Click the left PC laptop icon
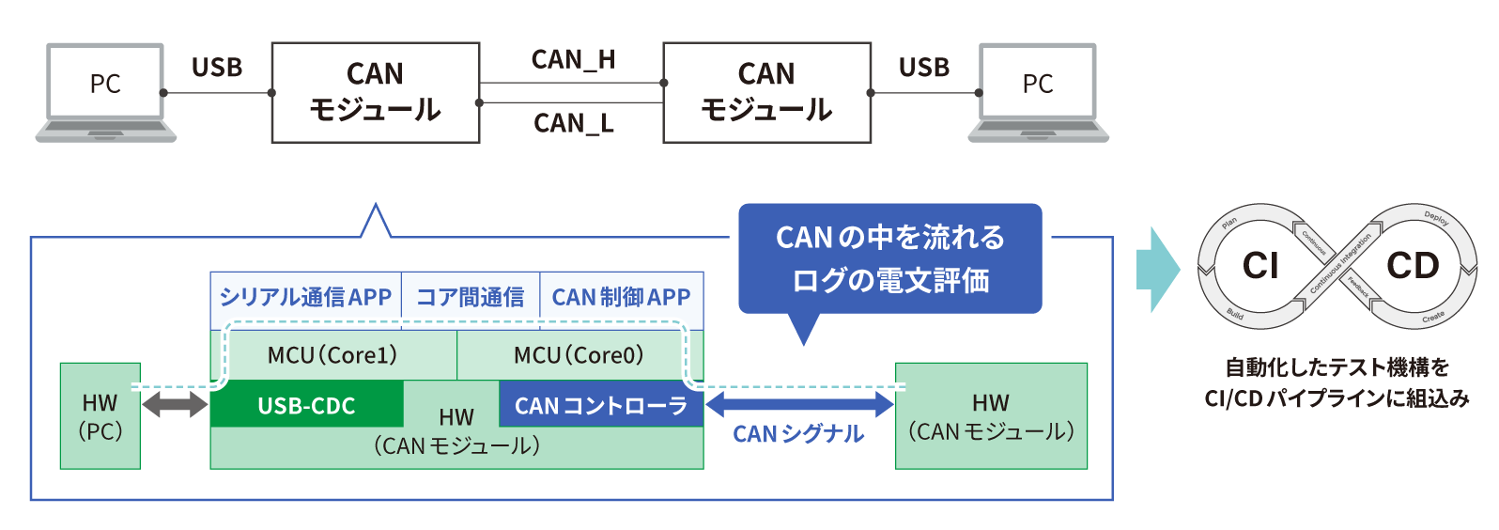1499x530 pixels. [105, 92]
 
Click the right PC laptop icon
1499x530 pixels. [1038, 92]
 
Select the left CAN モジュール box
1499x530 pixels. [376, 92]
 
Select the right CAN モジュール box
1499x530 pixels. [766, 92]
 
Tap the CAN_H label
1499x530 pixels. [573, 60]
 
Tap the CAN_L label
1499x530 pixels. [573, 123]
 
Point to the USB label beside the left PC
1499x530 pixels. [217, 68]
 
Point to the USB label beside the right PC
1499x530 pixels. [924, 68]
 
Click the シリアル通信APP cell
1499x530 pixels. [305, 297]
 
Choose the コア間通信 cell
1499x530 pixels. [470, 297]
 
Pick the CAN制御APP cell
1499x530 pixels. [621, 297]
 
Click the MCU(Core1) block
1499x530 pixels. [333, 355]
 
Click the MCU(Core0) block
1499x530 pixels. [579, 355]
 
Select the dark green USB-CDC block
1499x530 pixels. [306, 405]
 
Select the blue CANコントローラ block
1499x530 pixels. [601, 405]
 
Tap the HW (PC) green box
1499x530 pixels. [100, 416]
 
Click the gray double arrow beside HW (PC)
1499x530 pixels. [175, 405]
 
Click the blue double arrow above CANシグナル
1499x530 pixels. [799, 404]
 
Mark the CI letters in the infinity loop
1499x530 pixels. [1260, 266]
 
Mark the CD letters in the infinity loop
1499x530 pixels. [1413, 266]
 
